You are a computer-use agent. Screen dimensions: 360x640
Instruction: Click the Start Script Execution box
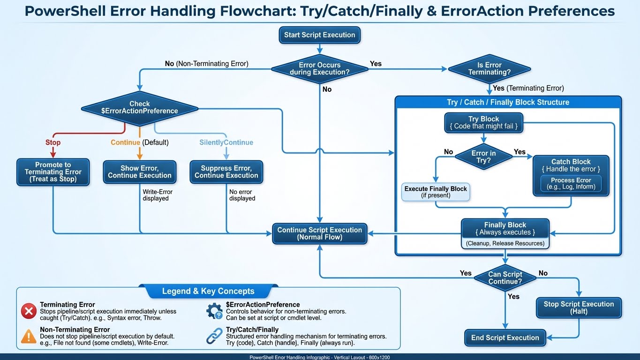click(x=319, y=35)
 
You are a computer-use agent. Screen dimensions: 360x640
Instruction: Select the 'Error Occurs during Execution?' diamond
click(x=319, y=68)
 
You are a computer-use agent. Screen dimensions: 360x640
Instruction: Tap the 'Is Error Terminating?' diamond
click(x=489, y=68)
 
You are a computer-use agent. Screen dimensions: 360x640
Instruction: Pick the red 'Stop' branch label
click(x=53, y=142)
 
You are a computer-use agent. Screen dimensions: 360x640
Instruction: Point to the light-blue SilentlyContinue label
click(x=226, y=142)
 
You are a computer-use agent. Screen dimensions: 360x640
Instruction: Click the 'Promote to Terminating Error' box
click(x=53, y=172)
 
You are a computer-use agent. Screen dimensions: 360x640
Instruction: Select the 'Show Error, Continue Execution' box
click(x=140, y=172)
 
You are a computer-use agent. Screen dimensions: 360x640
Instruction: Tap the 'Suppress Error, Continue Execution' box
click(x=226, y=172)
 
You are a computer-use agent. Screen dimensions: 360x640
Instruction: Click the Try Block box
click(x=483, y=123)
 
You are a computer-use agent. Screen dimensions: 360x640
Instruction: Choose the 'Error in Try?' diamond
click(x=483, y=157)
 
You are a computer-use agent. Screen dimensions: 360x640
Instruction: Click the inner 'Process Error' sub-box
click(x=571, y=184)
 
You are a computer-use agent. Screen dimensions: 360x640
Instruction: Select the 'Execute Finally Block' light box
click(x=436, y=192)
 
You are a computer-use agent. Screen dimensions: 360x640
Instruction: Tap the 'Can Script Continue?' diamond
click(x=505, y=278)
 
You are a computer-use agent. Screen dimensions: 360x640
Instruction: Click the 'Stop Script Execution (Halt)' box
click(x=579, y=307)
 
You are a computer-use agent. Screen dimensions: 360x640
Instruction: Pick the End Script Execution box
click(x=505, y=337)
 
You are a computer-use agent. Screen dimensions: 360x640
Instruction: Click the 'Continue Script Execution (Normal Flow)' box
click(x=319, y=233)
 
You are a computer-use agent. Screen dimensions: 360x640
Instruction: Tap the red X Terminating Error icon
click(x=29, y=311)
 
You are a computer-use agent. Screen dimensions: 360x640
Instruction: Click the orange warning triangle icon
click(x=29, y=336)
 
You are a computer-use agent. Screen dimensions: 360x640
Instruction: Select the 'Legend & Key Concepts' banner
click(x=208, y=291)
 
